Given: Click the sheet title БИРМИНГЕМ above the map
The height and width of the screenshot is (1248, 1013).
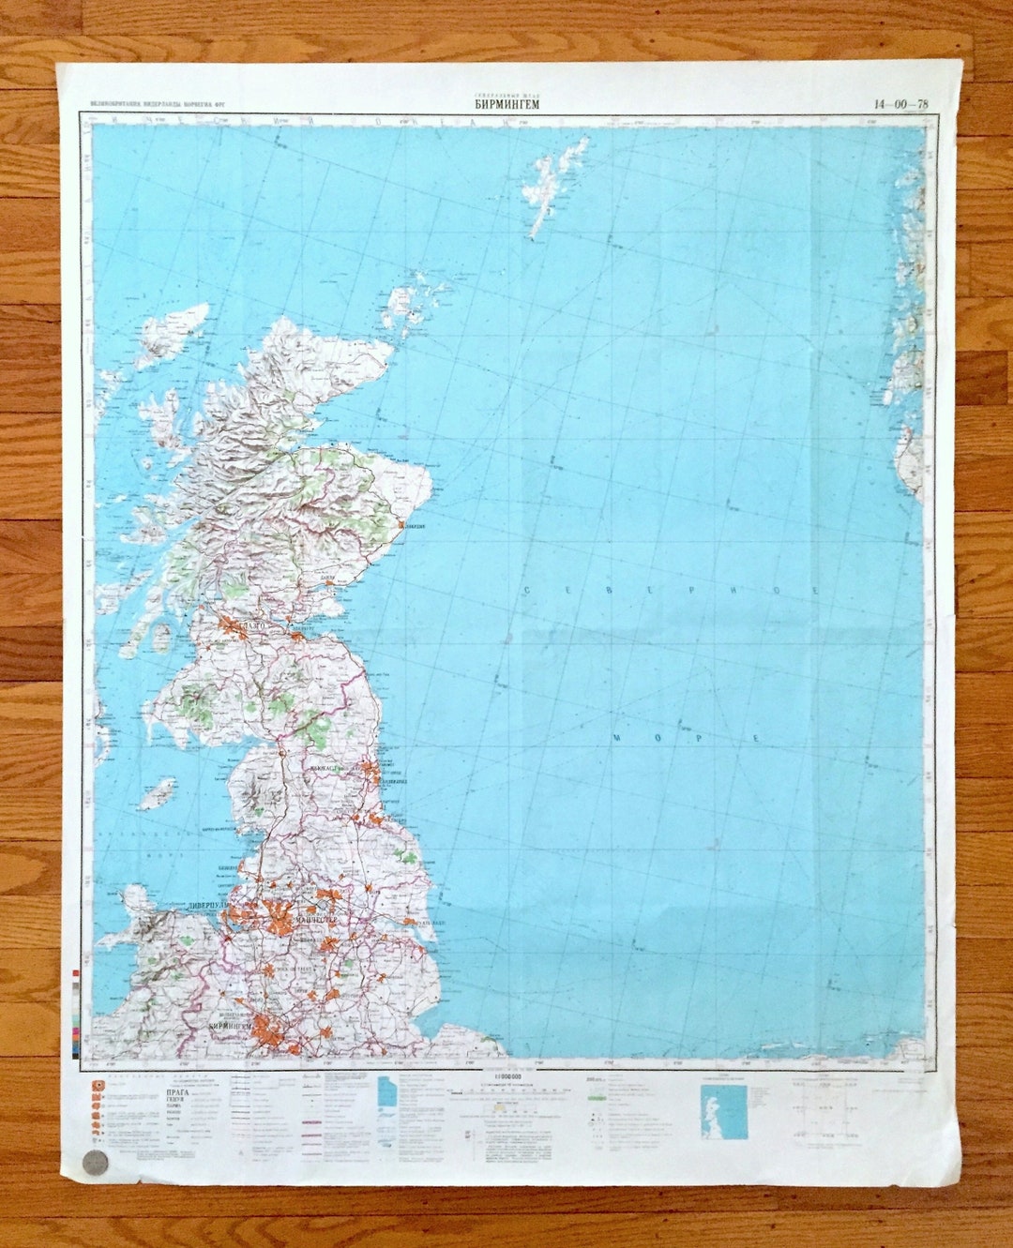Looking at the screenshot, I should click(506, 104).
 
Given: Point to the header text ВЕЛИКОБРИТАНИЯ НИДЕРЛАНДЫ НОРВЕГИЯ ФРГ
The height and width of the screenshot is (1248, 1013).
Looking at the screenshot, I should click(151, 104).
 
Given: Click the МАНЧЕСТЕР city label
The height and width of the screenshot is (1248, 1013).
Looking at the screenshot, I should click(317, 921).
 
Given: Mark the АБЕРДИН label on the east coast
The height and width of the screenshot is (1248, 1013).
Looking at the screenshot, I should click(414, 526).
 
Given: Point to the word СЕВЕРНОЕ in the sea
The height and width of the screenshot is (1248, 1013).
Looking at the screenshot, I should click(672, 590).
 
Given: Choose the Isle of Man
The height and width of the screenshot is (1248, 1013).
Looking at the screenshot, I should click(158, 795).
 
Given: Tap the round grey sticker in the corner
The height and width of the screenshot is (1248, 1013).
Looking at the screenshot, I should click(95, 1161).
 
